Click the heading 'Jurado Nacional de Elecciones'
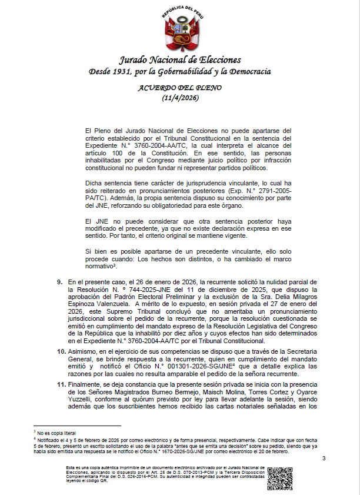point(180,60)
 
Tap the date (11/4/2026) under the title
point(180,98)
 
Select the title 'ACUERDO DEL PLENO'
point(180,88)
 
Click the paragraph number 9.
point(61,283)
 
